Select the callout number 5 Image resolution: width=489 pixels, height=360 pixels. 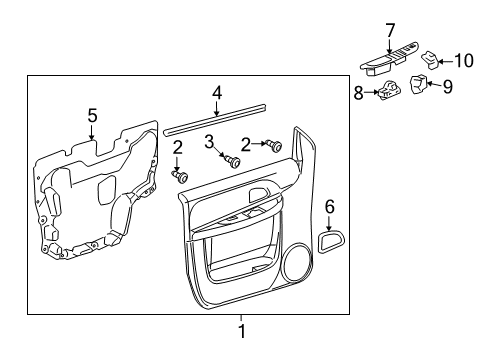coord(91,117)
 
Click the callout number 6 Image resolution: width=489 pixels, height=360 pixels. coord(329,207)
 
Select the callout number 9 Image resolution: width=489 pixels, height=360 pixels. coord(448,87)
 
